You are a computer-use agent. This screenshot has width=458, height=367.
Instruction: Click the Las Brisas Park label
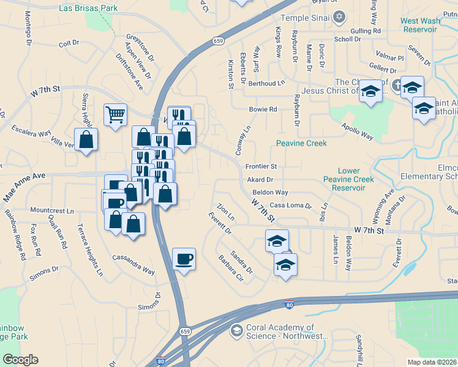88,9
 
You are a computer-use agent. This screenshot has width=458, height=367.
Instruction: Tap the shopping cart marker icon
115,114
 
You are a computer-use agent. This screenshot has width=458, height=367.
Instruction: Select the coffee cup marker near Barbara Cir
184,259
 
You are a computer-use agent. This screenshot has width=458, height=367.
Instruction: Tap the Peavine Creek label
301,143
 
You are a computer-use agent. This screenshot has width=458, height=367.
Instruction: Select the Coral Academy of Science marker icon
236,331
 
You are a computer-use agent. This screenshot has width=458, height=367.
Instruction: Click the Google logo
20,360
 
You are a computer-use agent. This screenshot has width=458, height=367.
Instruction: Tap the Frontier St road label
261,166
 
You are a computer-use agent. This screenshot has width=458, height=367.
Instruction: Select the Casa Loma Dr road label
291,206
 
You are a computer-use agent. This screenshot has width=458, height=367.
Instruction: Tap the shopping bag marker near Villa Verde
86,140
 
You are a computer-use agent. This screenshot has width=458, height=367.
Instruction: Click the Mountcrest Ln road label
51,210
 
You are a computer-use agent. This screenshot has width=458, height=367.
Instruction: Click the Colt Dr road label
69,43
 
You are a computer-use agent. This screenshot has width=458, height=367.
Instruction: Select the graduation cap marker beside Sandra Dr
285,265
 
